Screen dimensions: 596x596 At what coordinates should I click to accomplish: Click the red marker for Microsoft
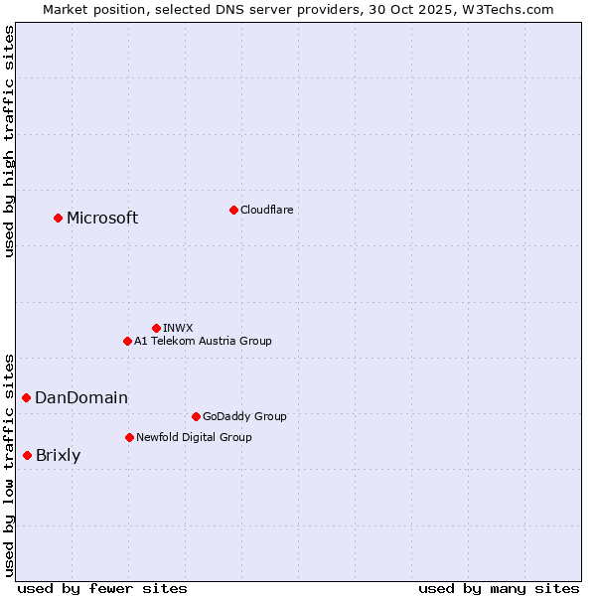[x=58, y=218]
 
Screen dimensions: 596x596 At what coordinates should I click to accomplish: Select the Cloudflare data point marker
[x=233, y=210]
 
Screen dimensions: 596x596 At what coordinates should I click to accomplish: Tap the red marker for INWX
[x=156, y=328]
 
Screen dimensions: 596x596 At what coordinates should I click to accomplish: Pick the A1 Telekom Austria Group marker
[x=127, y=341]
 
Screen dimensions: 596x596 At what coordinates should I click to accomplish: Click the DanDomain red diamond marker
[x=26, y=397]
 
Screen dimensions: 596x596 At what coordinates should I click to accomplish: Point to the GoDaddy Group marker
[x=196, y=416]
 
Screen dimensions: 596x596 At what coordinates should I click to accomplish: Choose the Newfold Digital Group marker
[x=129, y=437]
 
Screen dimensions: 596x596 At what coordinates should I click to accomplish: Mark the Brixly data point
[x=27, y=455]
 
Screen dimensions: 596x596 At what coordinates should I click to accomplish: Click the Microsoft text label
[x=102, y=219]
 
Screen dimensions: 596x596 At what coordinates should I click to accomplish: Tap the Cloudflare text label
[x=266, y=210]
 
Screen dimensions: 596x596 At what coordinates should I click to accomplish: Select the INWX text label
[x=178, y=328]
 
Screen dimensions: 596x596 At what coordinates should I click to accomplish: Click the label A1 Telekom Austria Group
[x=203, y=341]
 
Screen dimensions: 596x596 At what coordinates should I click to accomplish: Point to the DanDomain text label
[x=81, y=398]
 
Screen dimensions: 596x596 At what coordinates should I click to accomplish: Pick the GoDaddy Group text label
[x=244, y=416]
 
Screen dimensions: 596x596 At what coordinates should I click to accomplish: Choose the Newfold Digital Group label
[x=194, y=437]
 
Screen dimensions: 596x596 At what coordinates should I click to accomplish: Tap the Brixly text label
[x=59, y=456]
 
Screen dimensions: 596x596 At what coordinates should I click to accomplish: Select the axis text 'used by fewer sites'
[x=102, y=588]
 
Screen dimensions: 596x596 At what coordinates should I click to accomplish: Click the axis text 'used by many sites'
[x=499, y=588]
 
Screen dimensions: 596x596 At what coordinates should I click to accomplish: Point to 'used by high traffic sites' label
[x=9, y=141]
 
